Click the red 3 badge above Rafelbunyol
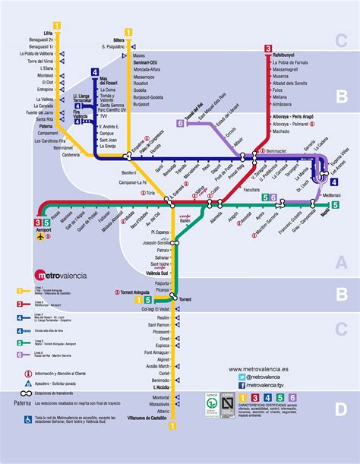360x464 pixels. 267,48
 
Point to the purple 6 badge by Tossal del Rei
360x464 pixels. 179,122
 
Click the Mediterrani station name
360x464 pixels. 332,196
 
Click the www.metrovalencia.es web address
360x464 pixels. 260,368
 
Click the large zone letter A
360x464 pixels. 341,261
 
